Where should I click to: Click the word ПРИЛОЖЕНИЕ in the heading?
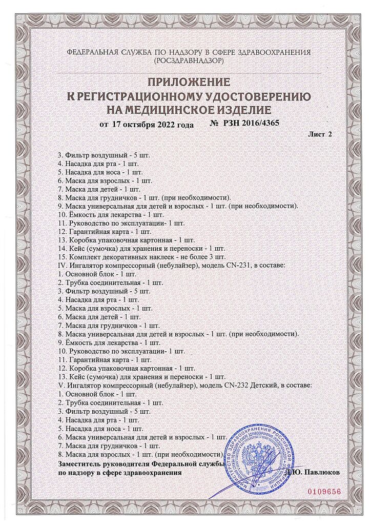189,82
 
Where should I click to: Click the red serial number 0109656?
324,491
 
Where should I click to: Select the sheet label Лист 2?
320,134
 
